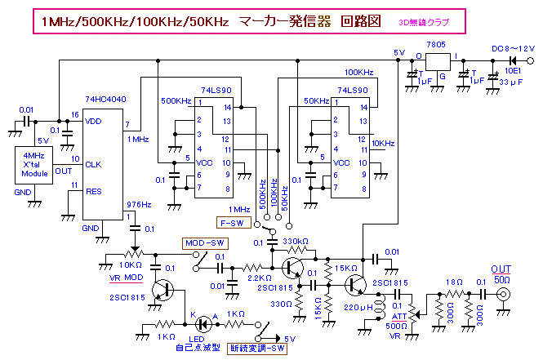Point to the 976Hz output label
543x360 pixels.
click(x=138, y=205)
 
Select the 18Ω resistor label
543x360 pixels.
click(x=452, y=282)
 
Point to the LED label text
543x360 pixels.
click(x=196, y=340)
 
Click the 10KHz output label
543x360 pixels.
click(x=385, y=143)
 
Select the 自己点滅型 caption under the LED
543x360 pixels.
click(x=196, y=349)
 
